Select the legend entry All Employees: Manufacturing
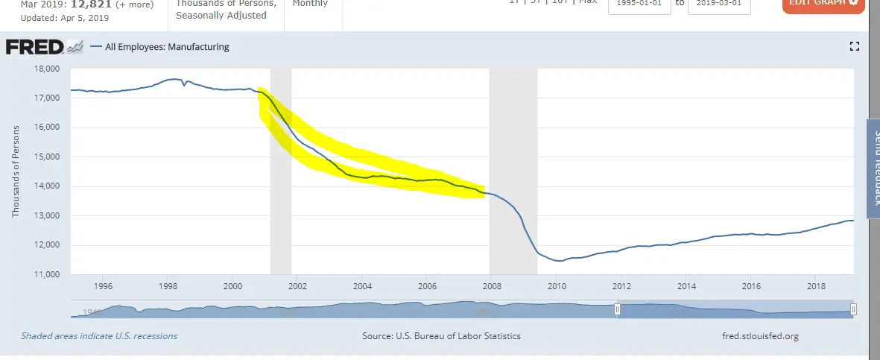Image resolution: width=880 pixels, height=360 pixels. [x=167, y=47]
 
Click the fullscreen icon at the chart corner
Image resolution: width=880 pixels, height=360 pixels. [x=855, y=47]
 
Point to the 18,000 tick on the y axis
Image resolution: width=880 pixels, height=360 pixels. [x=47, y=69]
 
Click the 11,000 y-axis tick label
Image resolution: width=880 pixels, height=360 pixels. [x=47, y=275]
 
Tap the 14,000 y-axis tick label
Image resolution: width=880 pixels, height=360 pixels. [x=47, y=187]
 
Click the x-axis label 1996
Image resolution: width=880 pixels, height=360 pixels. [x=103, y=286]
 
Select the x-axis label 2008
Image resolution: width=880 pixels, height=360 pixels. [x=492, y=286]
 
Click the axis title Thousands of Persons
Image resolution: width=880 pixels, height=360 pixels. [x=16, y=171]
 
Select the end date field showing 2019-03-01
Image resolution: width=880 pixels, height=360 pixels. [x=719, y=2]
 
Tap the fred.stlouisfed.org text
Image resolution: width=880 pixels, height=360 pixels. [x=760, y=336]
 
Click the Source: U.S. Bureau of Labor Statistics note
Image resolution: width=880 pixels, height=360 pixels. [x=441, y=336]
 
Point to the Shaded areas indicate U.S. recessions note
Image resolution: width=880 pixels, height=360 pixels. [x=99, y=336]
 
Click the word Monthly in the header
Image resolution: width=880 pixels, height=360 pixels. [x=310, y=3]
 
